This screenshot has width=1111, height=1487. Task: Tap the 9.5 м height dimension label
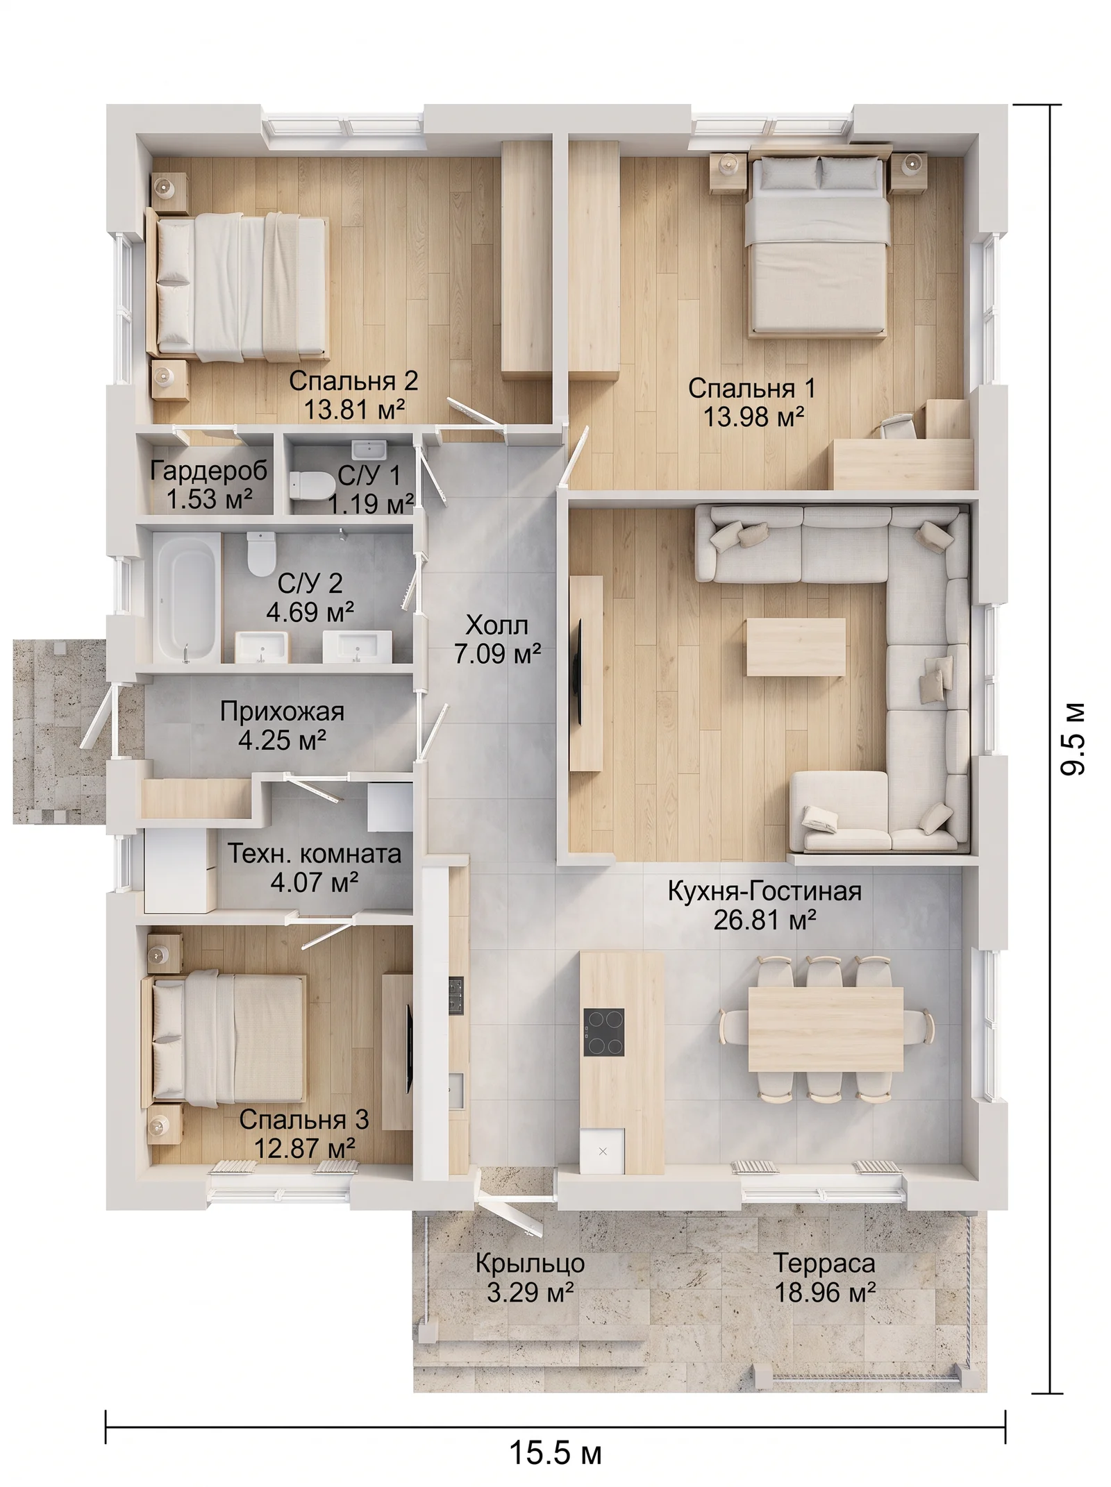pyautogui.click(x=1073, y=739)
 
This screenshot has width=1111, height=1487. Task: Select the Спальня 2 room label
pyautogui.click(x=353, y=380)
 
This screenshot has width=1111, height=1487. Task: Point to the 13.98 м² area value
pyautogui.click(x=753, y=417)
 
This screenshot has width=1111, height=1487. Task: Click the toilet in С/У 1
pyautogui.click(x=311, y=484)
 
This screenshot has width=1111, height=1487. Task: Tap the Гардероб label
pyautogui.click(x=209, y=471)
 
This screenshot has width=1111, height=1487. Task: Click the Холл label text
pyautogui.click(x=496, y=625)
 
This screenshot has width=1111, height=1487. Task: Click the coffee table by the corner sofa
pyautogui.click(x=796, y=647)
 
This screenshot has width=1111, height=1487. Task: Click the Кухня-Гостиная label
pyautogui.click(x=765, y=891)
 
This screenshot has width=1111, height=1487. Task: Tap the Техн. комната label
pyautogui.click(x=315, y=853)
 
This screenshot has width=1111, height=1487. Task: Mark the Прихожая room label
pyautogui.click(x=282, y=712)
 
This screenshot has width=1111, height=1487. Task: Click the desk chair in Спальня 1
pyautogui.click(x=899, y=426)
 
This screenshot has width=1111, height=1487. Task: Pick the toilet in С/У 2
pyautogui.click(x=261, y=553)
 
